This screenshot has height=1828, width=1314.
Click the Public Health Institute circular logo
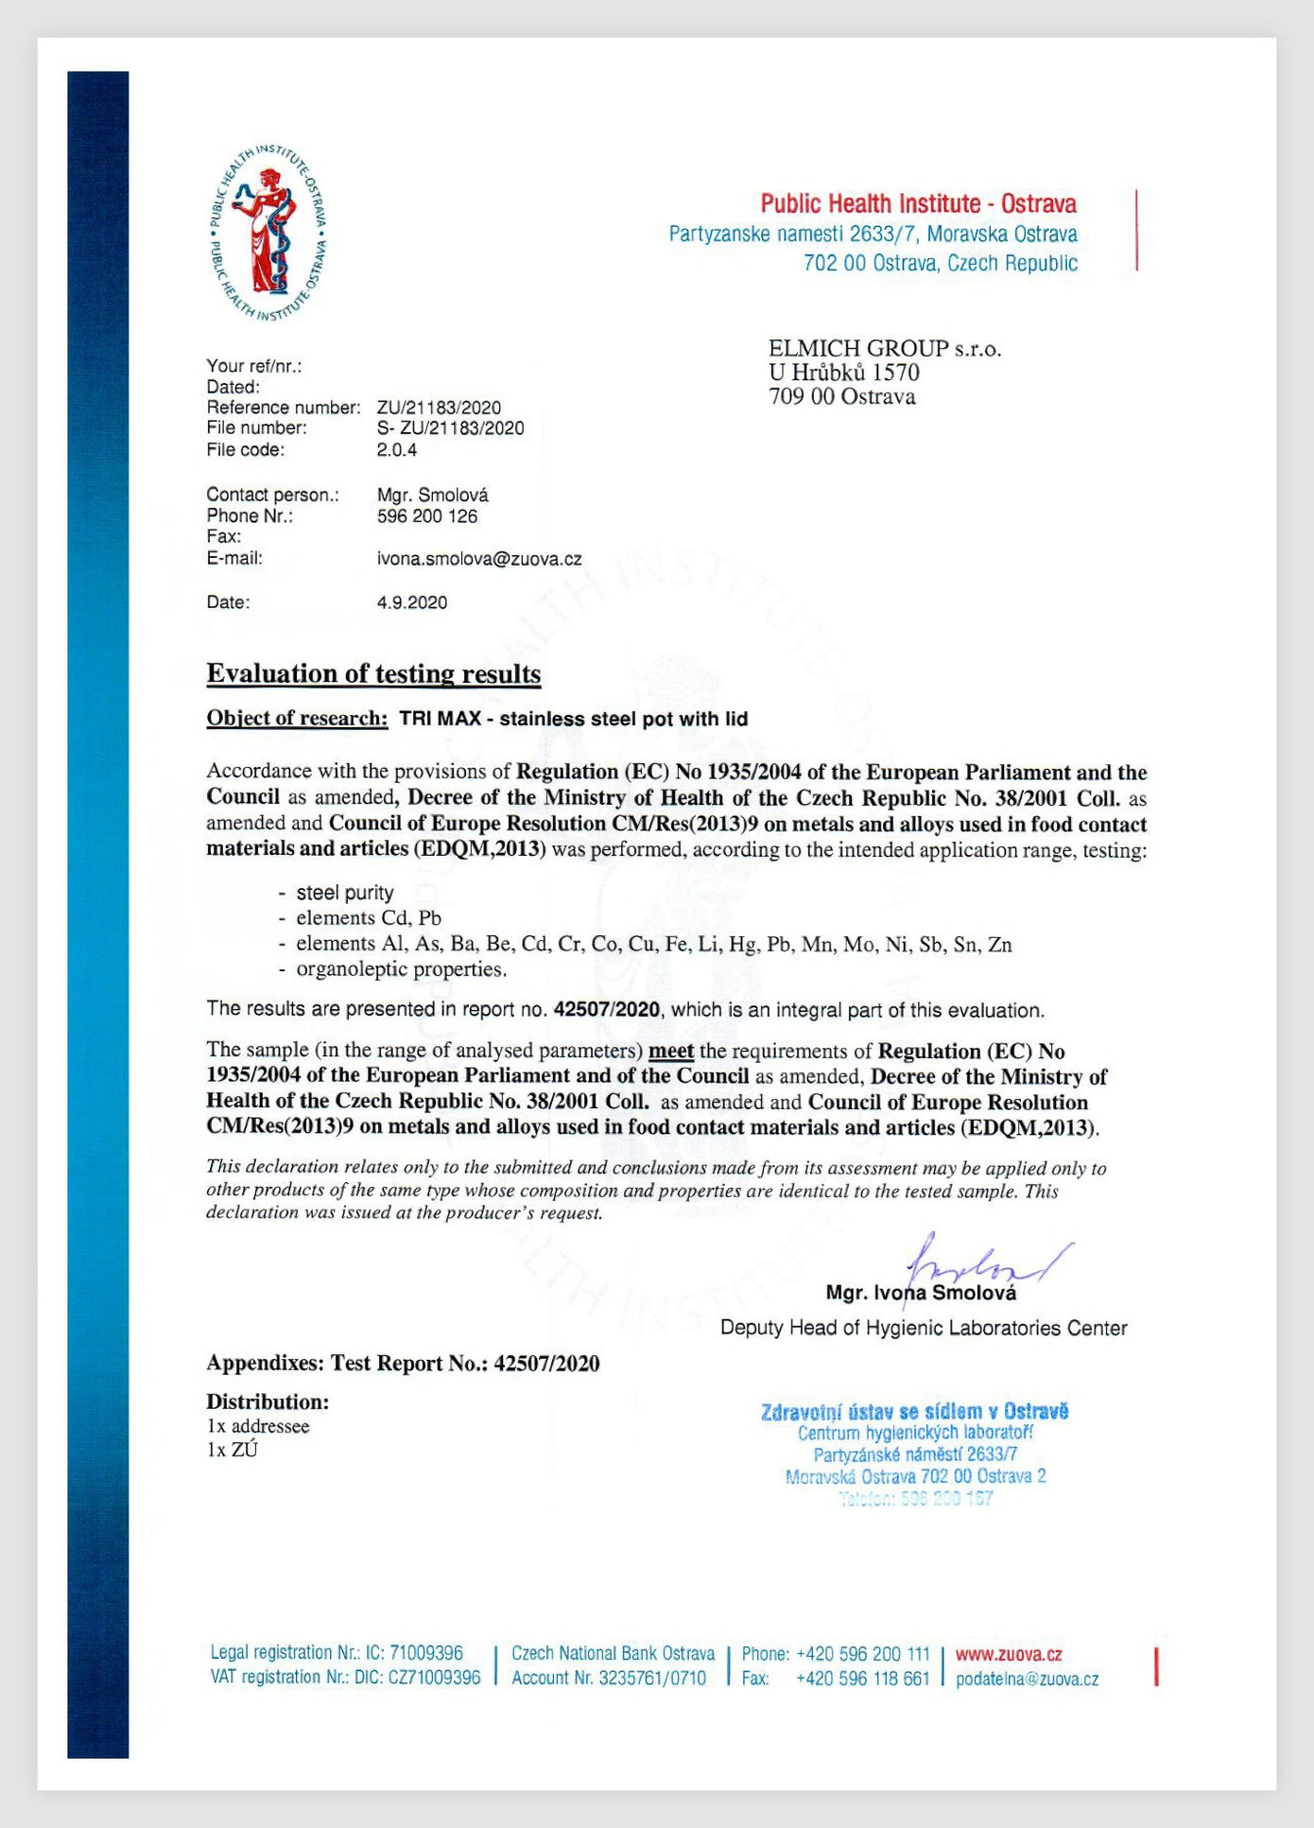coord(270,233)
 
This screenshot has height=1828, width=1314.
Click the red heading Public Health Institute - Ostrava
coord(918,203)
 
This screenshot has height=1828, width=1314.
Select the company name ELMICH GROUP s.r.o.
coord(885,349)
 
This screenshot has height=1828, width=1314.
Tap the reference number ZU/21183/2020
coord(439,408)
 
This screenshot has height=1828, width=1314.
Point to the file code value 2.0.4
coord(397,450)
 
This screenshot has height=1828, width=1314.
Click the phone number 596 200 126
coord(427,516)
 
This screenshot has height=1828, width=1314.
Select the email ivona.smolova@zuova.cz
coord(479,559)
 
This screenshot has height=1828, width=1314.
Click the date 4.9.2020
coord(412,602)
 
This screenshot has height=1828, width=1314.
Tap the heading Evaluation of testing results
coord(373,673)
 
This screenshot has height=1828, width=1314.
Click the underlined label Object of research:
coord(297,719)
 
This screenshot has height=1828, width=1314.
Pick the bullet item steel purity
coord(344,893)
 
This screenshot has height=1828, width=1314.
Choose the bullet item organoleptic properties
coord(401,969)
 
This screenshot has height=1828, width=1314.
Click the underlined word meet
coord(671,1051)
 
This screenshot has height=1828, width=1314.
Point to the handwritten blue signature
coord(983,1262)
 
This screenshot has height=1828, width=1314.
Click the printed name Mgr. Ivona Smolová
coord(921,1293)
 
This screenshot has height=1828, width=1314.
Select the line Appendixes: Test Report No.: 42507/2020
coord(403,1363)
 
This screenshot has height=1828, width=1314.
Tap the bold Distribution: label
coord(268,1401)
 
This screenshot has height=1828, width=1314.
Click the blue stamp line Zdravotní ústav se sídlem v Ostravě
coord(914,1412)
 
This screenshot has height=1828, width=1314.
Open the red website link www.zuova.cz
coord(1009,1654)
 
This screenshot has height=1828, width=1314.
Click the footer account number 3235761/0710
coord(652,1678)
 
